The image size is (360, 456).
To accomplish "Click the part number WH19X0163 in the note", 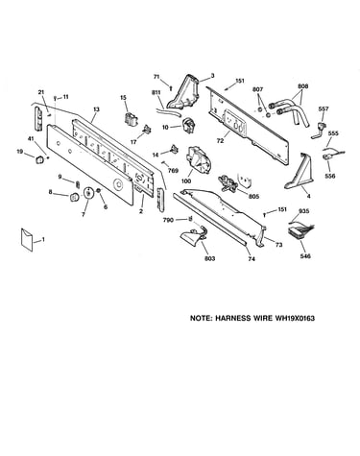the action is tap(294, 319).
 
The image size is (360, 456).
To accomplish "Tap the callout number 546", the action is tap(305, 256).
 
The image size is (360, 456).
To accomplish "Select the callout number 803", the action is tap(210, 258).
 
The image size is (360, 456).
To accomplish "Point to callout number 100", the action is tap(186, 181).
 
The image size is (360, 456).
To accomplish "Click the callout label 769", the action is tap(173, 171).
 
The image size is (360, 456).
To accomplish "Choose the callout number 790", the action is tap(168, 220).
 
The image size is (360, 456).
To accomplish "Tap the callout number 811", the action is tap(156, 92).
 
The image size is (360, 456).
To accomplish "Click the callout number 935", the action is tap(303, 211).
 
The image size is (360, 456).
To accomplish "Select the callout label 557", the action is tap(324, 109).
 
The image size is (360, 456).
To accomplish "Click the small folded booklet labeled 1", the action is tap(27, 239).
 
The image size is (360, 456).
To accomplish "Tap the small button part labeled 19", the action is tap(39, 159).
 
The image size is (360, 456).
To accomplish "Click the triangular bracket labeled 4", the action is tap(300, 171).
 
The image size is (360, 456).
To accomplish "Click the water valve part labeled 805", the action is tap(228, 184).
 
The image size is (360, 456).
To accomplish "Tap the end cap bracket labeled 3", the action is tap(185, 92).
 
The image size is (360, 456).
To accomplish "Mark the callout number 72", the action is tap(220, 140).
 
